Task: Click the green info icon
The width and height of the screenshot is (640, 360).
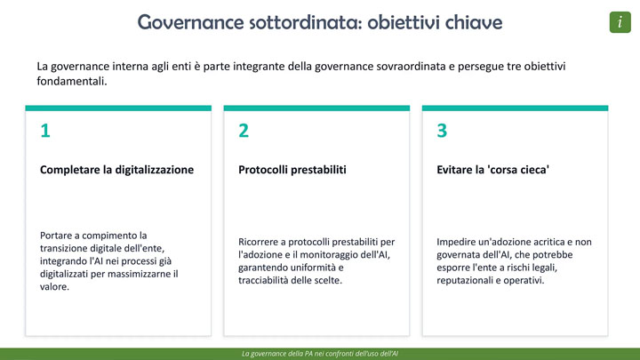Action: point(620,22)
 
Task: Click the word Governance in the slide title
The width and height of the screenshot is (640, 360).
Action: point(190,22)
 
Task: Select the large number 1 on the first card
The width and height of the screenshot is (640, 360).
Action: point(45,131)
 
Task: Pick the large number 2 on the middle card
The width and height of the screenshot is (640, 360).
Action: point(244,131)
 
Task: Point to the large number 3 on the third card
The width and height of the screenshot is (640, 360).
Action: point(442,131)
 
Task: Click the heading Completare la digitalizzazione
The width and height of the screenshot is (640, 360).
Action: point(116,170)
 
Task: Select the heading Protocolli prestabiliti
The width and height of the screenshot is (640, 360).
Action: point(292,170)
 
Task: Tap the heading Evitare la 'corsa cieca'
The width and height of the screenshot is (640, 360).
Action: point(492,170)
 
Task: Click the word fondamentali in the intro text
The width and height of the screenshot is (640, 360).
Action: point(72,81)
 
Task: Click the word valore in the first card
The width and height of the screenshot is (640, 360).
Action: point(55,286)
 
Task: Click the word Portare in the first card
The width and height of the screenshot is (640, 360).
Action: point(55,236)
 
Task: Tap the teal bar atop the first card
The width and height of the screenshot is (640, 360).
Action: point(118,108)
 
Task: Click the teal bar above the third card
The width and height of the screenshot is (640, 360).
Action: point(515,108)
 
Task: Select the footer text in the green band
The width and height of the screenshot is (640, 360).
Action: point(320,354)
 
